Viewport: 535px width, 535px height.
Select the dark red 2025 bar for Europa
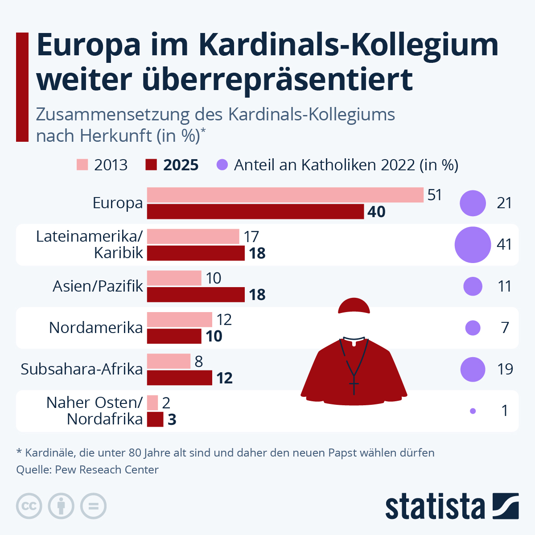point(255,212)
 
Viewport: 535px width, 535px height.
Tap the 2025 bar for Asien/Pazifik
point(196,295)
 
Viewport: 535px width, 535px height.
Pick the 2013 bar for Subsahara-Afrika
point(169,361)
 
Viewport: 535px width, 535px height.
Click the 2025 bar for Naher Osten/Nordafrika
point(155,420)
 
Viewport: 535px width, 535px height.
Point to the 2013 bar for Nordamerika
point(180,320)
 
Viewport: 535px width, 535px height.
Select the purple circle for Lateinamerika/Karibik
point(472,245)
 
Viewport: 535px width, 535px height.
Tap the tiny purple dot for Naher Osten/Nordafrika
point(473,411)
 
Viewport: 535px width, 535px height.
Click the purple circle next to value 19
point(473,370)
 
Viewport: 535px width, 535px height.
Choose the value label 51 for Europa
point(435,195)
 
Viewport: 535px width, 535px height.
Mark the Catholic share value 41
point(504,245)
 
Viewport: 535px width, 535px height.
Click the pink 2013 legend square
point(82,165)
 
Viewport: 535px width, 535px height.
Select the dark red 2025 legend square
point(152,165)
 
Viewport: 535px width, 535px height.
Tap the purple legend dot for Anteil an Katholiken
point(222,165)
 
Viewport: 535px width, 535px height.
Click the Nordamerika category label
point(96,328)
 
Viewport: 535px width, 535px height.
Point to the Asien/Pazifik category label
point(98,286)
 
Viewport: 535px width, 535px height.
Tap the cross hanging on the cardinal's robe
point(354,386)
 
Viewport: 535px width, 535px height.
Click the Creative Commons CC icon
point(29,506)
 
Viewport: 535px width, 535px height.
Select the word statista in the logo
point(435,506)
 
